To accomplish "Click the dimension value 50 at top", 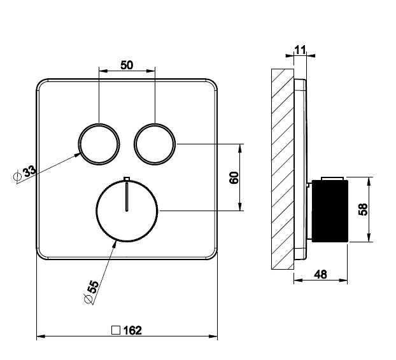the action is coord(127,65).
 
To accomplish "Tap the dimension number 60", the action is coord(234,177).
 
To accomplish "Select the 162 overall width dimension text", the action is coord(132,330).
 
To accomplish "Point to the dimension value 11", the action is coord(300,50).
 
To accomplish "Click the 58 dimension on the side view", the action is coord(363,209).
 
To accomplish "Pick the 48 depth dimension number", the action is coord(320,275).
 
